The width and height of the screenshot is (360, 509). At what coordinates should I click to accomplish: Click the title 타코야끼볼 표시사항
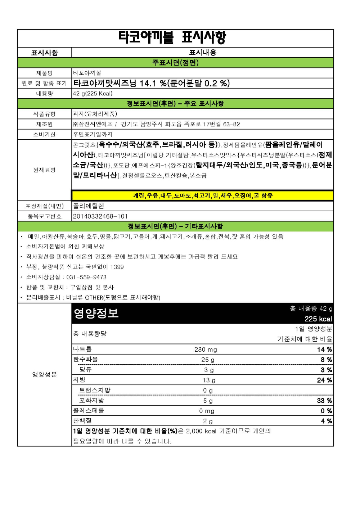[172, 37]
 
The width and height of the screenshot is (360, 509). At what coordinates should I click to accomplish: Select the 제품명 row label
[44, 73]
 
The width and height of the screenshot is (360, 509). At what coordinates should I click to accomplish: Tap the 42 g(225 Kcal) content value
[93, 94]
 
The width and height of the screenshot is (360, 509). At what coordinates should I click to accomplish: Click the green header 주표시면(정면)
[175, 63]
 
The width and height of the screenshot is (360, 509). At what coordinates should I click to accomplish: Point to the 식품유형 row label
[44, 114]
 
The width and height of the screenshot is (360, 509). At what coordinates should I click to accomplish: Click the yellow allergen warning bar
[203, 195]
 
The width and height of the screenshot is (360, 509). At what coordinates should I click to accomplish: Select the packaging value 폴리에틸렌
[89, 206]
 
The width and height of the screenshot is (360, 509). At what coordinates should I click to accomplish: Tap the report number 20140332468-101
[100, 216]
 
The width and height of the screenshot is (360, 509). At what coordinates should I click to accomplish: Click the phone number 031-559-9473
[86, 277]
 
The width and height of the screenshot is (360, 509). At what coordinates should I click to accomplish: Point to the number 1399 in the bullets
[117, 267]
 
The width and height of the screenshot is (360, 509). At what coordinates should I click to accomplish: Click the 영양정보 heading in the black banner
[96, 313]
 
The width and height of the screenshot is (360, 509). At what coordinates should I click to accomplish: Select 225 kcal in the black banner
[318, 319]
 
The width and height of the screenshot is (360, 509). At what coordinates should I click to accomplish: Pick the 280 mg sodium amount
[206, 350]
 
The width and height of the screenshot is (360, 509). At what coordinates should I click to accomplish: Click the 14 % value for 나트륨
[324, 350]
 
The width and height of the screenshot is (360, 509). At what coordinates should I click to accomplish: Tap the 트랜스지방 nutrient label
[95, 390]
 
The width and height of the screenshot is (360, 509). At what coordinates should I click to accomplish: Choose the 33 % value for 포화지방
[324, 401]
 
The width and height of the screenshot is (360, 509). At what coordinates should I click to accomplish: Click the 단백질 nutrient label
[82, 421]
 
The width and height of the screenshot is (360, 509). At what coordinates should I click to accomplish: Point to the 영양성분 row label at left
[44, 375]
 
